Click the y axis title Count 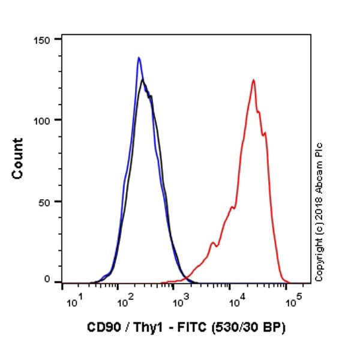18,158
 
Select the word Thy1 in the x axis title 141,328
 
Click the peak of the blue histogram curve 139,58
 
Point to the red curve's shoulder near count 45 232,208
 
